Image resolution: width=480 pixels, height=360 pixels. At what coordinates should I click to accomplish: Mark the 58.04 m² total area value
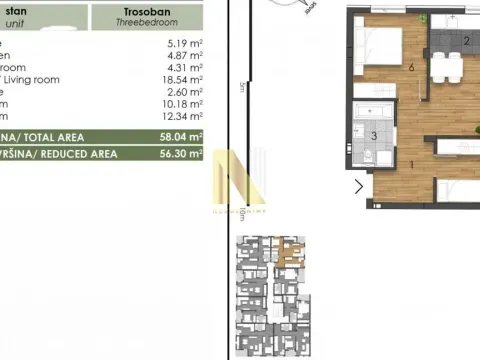181,137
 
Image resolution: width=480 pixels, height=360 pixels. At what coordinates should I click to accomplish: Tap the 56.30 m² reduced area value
181,155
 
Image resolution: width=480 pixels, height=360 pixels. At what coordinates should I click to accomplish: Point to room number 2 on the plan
467,41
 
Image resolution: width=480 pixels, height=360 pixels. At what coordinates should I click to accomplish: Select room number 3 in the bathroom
374,136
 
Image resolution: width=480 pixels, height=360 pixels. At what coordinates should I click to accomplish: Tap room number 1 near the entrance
384,164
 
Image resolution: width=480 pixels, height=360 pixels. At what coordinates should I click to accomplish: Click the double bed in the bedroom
380,45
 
